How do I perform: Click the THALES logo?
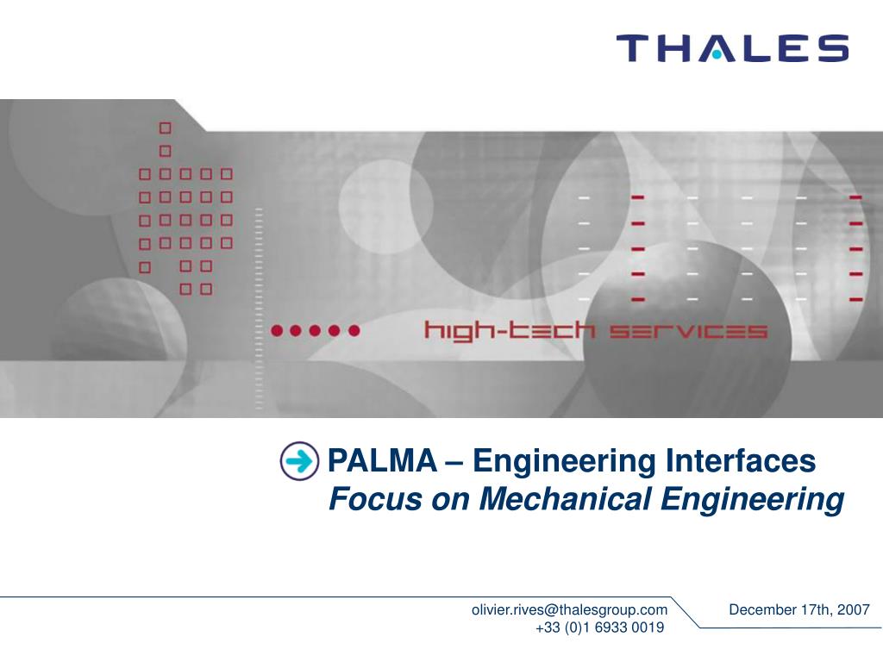(733, 48)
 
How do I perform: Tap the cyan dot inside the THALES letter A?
(716, 55)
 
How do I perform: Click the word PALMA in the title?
(382, 460)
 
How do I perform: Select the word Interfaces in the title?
(741, 460)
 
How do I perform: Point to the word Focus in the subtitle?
(375, 499)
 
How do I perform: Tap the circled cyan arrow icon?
(299, 461)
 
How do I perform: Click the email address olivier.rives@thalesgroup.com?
(569, 609)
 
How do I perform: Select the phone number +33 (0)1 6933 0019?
(600, 628)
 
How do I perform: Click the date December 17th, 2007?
(799, 609)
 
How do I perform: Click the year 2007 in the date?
(853, 609)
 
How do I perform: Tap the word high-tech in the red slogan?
(509, 330)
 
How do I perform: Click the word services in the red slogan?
(688, 331)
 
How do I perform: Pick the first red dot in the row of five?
(277, 330)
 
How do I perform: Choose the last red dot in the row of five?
(354, 330)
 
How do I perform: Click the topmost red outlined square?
(165, 128)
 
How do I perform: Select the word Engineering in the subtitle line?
(752, 499)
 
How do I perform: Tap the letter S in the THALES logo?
(834, 48)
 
